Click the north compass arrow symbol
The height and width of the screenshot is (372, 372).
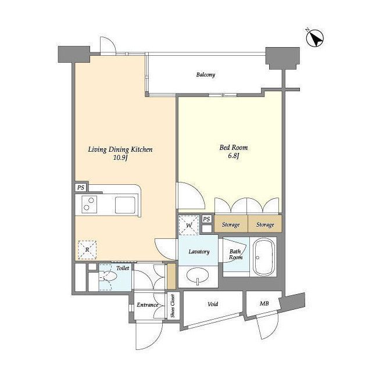(x=315, y=38)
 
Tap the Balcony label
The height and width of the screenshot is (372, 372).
(x=205, y=75)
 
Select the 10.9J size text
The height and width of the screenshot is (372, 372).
(x=120, y=158)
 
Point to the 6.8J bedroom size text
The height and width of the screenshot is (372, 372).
(x=234, y=156)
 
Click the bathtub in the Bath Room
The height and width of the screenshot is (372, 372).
(x=263, y=257)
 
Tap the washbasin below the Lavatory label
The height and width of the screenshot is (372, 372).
(x=198, y=276)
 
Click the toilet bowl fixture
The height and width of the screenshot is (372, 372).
(x=108, y=276)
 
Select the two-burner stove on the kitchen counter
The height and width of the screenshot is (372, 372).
(x=89, y=204)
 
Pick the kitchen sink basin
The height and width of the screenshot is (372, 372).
(x=126, y=205)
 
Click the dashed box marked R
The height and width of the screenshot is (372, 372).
(x=87, y=249)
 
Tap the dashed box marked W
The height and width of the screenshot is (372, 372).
(x=189, y=225)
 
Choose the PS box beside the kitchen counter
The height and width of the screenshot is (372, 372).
(x=81, y=187)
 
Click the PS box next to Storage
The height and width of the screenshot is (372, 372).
(x=207, y=219)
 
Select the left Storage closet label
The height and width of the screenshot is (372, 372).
(x=231, y=224)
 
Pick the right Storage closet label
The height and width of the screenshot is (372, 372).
(x=265, y=224)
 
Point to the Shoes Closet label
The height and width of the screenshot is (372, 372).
(x=173, y=306)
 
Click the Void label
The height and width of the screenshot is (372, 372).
(x=213, y=304)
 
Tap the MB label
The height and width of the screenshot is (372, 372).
(x=264, y=303)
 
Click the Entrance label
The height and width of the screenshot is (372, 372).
(x=147, y=305)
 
